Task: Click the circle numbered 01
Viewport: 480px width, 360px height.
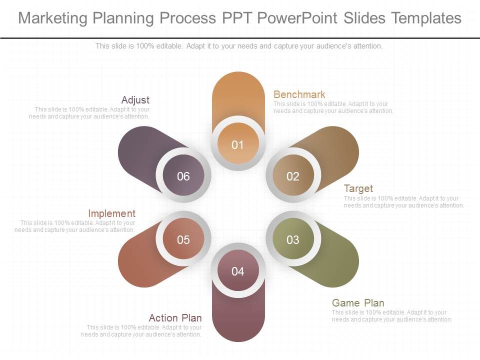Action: [238, 145]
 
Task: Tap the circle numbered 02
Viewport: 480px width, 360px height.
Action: [293, 176]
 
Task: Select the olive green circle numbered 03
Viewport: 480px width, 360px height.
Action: [293, 240]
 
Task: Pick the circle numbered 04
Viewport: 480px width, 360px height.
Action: [238, 271]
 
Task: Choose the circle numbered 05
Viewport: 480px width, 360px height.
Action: [183, 240]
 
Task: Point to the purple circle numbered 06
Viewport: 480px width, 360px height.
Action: [183, 176]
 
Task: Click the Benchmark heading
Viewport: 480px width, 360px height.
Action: [299, 94]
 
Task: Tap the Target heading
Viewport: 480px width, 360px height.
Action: [358, 188]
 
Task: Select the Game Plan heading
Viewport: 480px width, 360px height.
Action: [358, 303]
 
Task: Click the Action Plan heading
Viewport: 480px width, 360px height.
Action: [175, 318]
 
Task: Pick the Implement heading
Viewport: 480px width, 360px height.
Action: [111, 213]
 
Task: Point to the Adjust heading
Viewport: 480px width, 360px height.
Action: [135, 100]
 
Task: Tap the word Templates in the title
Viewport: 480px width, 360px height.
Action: [426, 18]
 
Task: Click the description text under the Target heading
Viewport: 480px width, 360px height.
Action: [403, 202]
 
